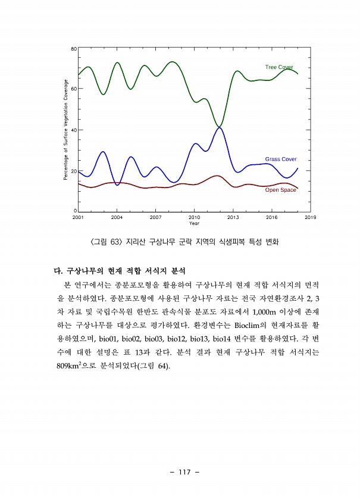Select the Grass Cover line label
pyautogui.click(x=280, y=160)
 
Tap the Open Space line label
pyautogui.click(x=280, y=190)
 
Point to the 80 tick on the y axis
pyautogui.click(x=73, y=48)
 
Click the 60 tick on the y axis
pyautogui.click(x=73, y=89)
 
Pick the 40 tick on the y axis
pyautogui.click(x=73, y=130)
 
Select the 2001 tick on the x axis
pyautogui.click(x=78, y=217)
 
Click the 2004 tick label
pyautogui.click(x=117, y=217)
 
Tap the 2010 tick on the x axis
pyautogui.click(x=194, y=217)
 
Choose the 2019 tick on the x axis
pyautogui.click(x=310, y=217)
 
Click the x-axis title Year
pyautogui.click(x=194, y=223)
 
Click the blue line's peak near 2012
pyautogui.click(x=219, y=128)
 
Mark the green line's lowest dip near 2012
pyautogui.click(x=219, y=126)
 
